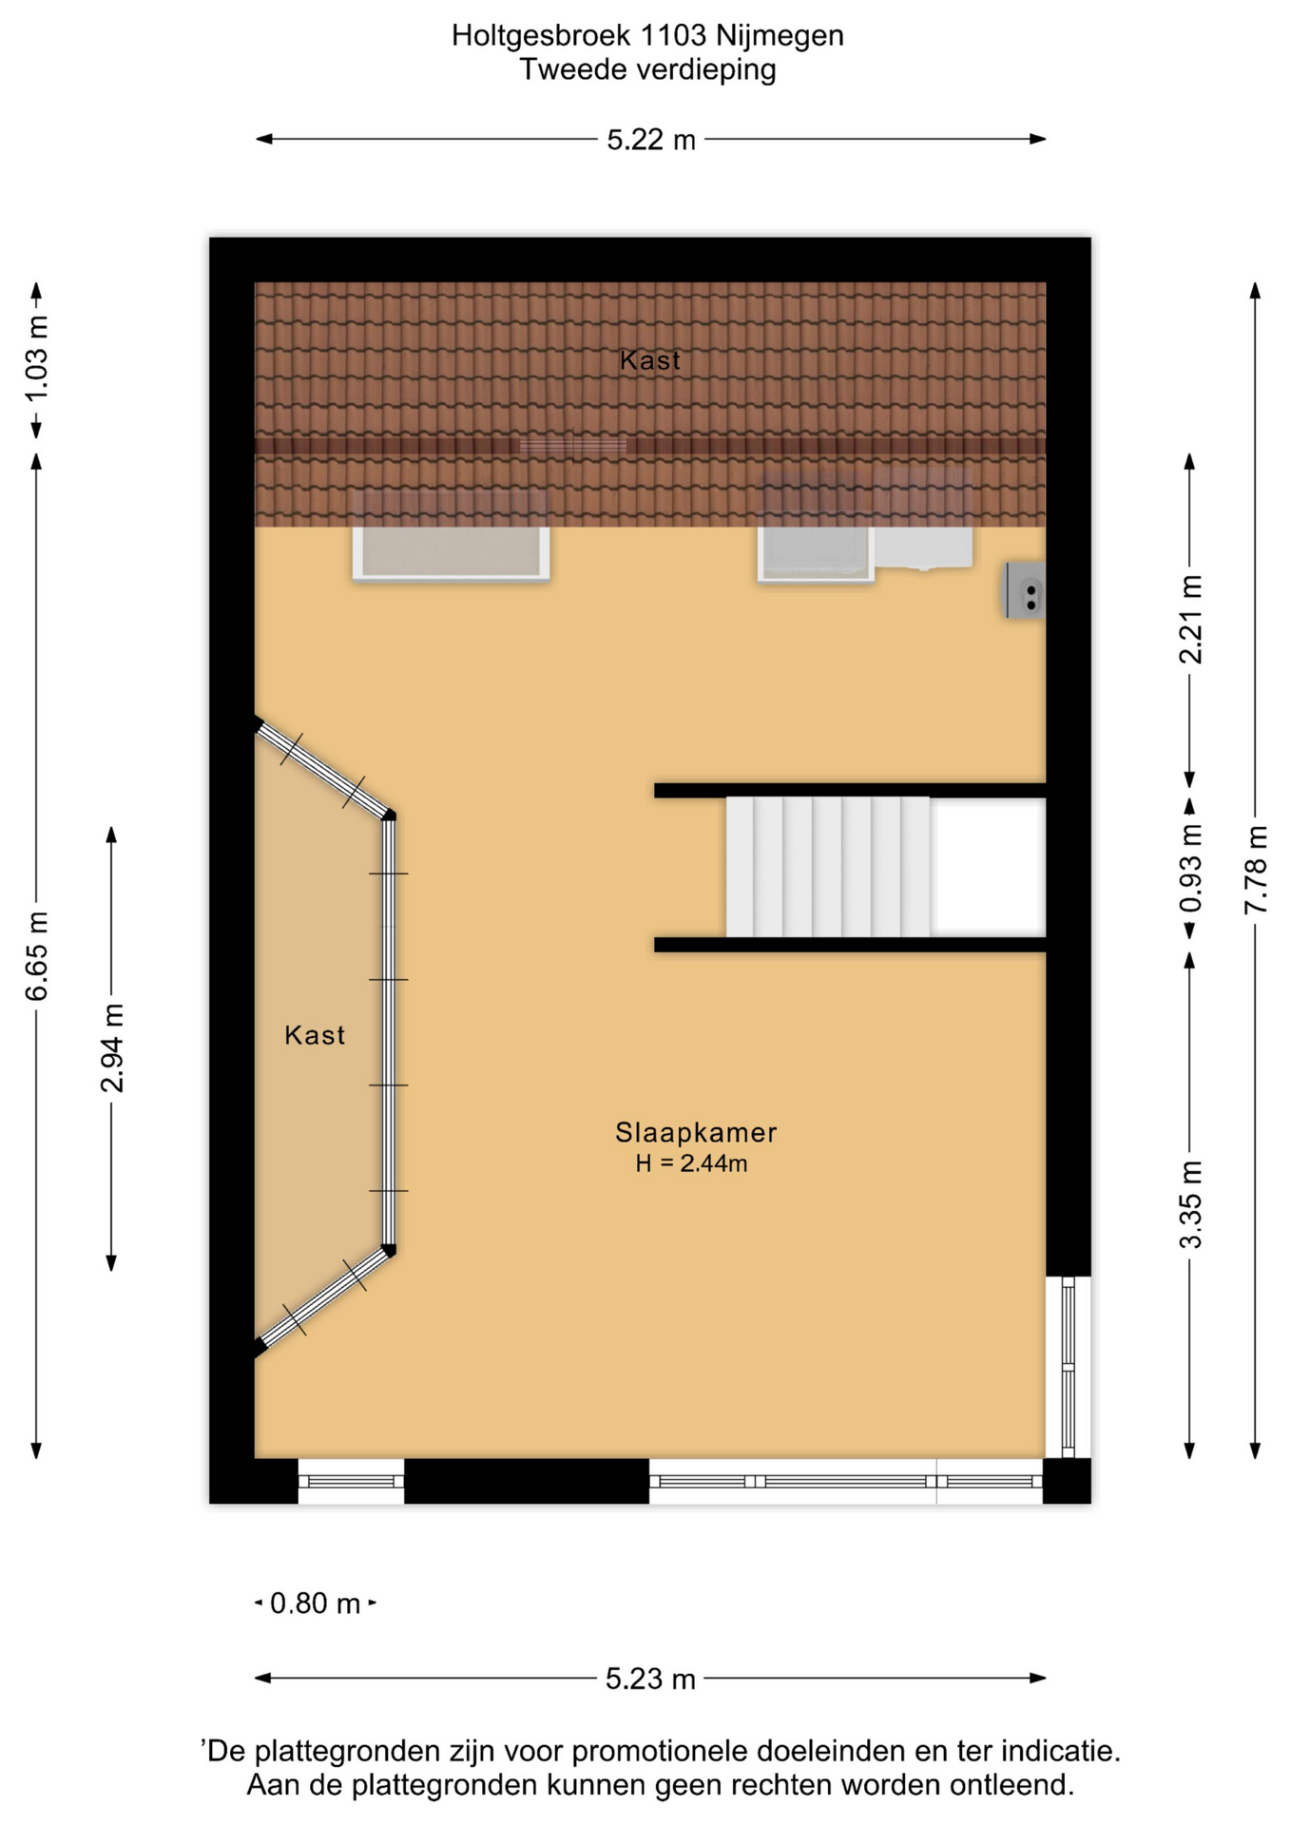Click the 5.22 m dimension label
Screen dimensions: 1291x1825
pyautogui.click(x=651, y=141)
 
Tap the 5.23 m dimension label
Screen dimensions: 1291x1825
pyautogui.click(x=651, y=1680)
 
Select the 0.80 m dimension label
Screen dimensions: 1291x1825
pyautogui.click(x=316, y=1604)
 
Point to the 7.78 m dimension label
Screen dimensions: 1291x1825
pyautogui.click(x=1256, y=870)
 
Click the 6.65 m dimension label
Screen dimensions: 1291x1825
pyautogui.click(x=37, y=956)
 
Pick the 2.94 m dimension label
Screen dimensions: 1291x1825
pyautogui.click(x=112, y=1047)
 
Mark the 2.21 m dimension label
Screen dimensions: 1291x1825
pyautogui.click(x=1190, y=620)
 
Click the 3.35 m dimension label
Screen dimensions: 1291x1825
pyautogui.click(x=1190, y=1204)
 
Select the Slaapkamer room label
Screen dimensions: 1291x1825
pyautogui.click(x=696, y=1132)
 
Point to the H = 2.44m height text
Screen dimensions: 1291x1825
pyautogui.click(x=691, y=1163)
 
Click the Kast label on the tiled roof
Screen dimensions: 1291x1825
pyautogui.click(x=650, y=360)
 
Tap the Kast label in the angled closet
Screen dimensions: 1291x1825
pyautogui.click(x=315, y=1035)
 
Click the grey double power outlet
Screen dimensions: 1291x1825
pyautogui.click(x=1026, y=590)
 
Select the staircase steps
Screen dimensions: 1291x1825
pyautogui.click(x=827, y=867)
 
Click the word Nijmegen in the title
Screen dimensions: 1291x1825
pyautogui.click(x=780, y=36)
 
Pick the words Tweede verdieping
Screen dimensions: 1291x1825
pyautogui.click(x=647, y=69)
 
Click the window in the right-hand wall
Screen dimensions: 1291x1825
pyautogui.click(x=1068, y=1367)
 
